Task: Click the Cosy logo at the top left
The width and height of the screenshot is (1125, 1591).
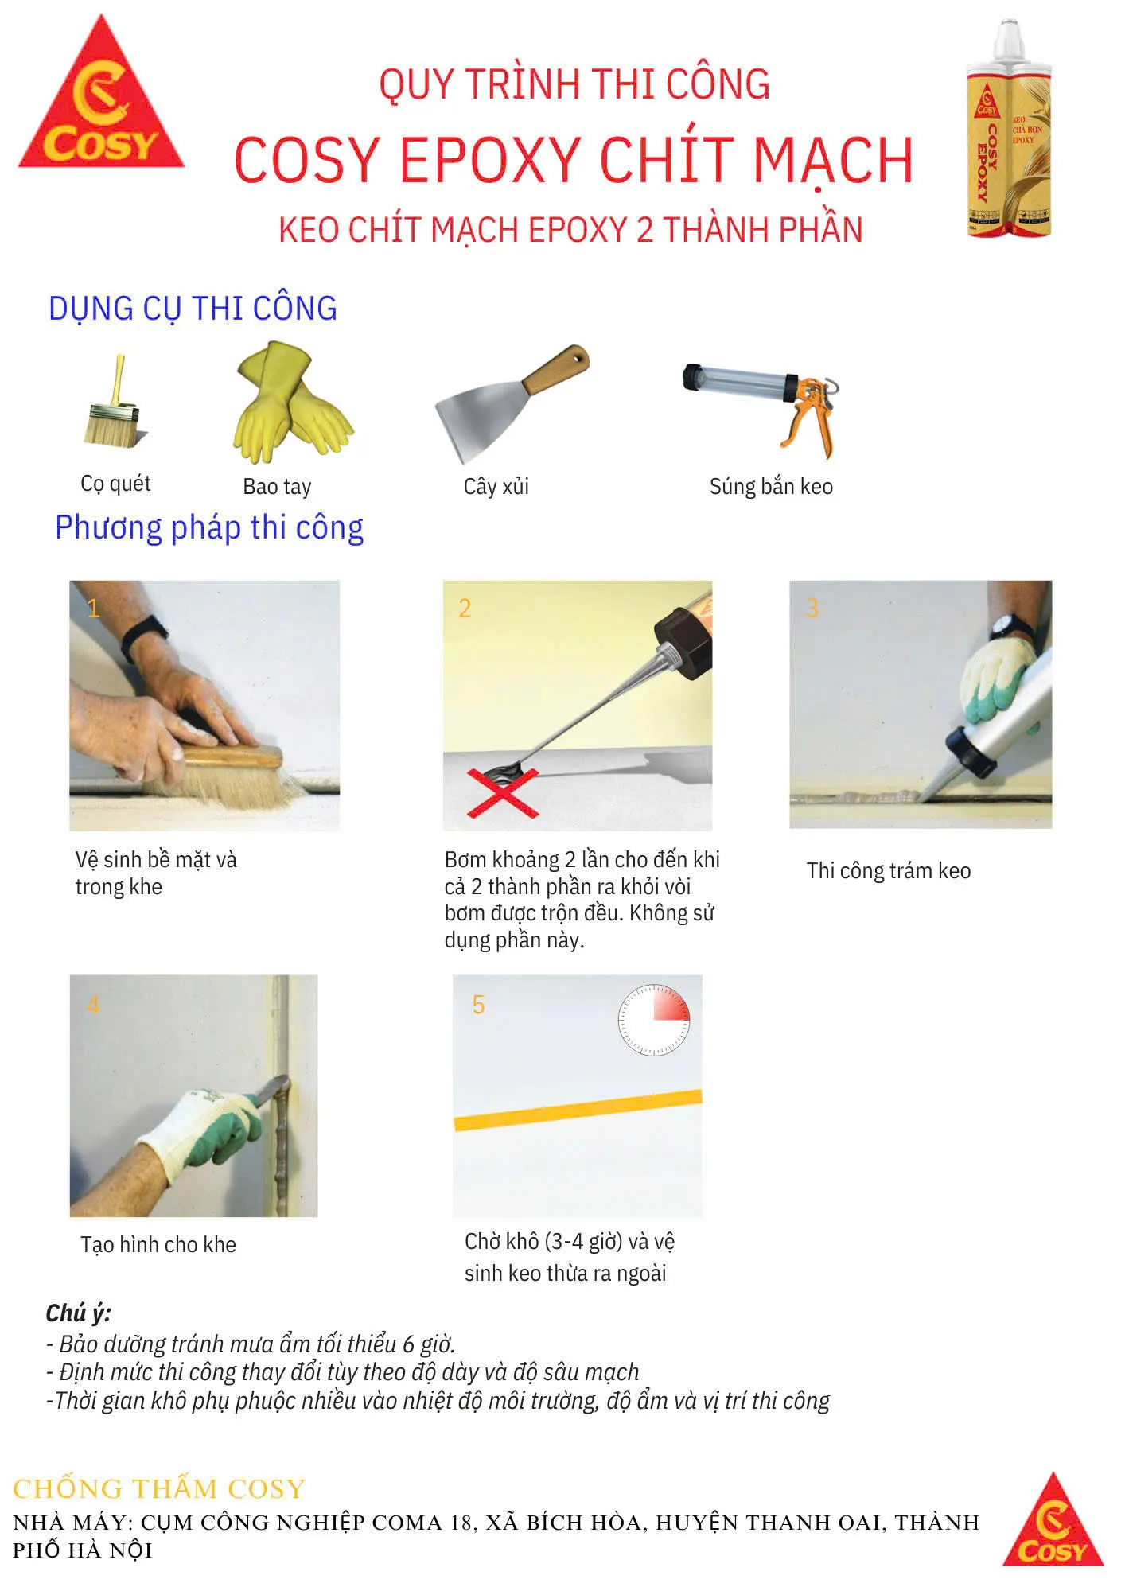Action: pyautogui.click(x=101, y=95)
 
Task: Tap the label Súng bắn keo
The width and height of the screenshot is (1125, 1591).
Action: pyautogui.click(x=771, y=486)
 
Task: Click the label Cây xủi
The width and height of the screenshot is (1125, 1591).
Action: pyautogui.click(x=496, y=486)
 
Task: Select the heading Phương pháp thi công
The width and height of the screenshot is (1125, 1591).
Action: pyautogui.click(x=209, y=528)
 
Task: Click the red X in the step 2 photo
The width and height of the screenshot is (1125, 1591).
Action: pyautogui.click(x=503, y=792)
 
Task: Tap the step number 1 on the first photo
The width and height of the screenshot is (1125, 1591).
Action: pyautogui.click(x=93, y=609)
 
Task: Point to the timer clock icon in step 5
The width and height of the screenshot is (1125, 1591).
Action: pyautogui.click(x=654, y=1020)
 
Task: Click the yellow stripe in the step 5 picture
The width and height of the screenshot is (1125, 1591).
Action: pyautogui.click(x=578, y=1110)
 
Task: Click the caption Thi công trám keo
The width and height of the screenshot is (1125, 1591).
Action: pyautogui.click(x=889, y=871)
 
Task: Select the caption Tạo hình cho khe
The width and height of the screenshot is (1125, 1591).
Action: pyautogui.click(x=158, y=1244)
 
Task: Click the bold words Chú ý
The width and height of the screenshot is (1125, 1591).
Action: pyautogui.click(x=78, y=1313)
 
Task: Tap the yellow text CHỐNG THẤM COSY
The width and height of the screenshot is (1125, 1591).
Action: pyautogui.click(x=159, y=1488)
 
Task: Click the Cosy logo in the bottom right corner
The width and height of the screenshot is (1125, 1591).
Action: pyautogui.click(x=1053, y=1519)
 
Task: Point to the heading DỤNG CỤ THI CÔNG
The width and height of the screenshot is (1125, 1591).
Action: pyautogui.click(x=193, y=309)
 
